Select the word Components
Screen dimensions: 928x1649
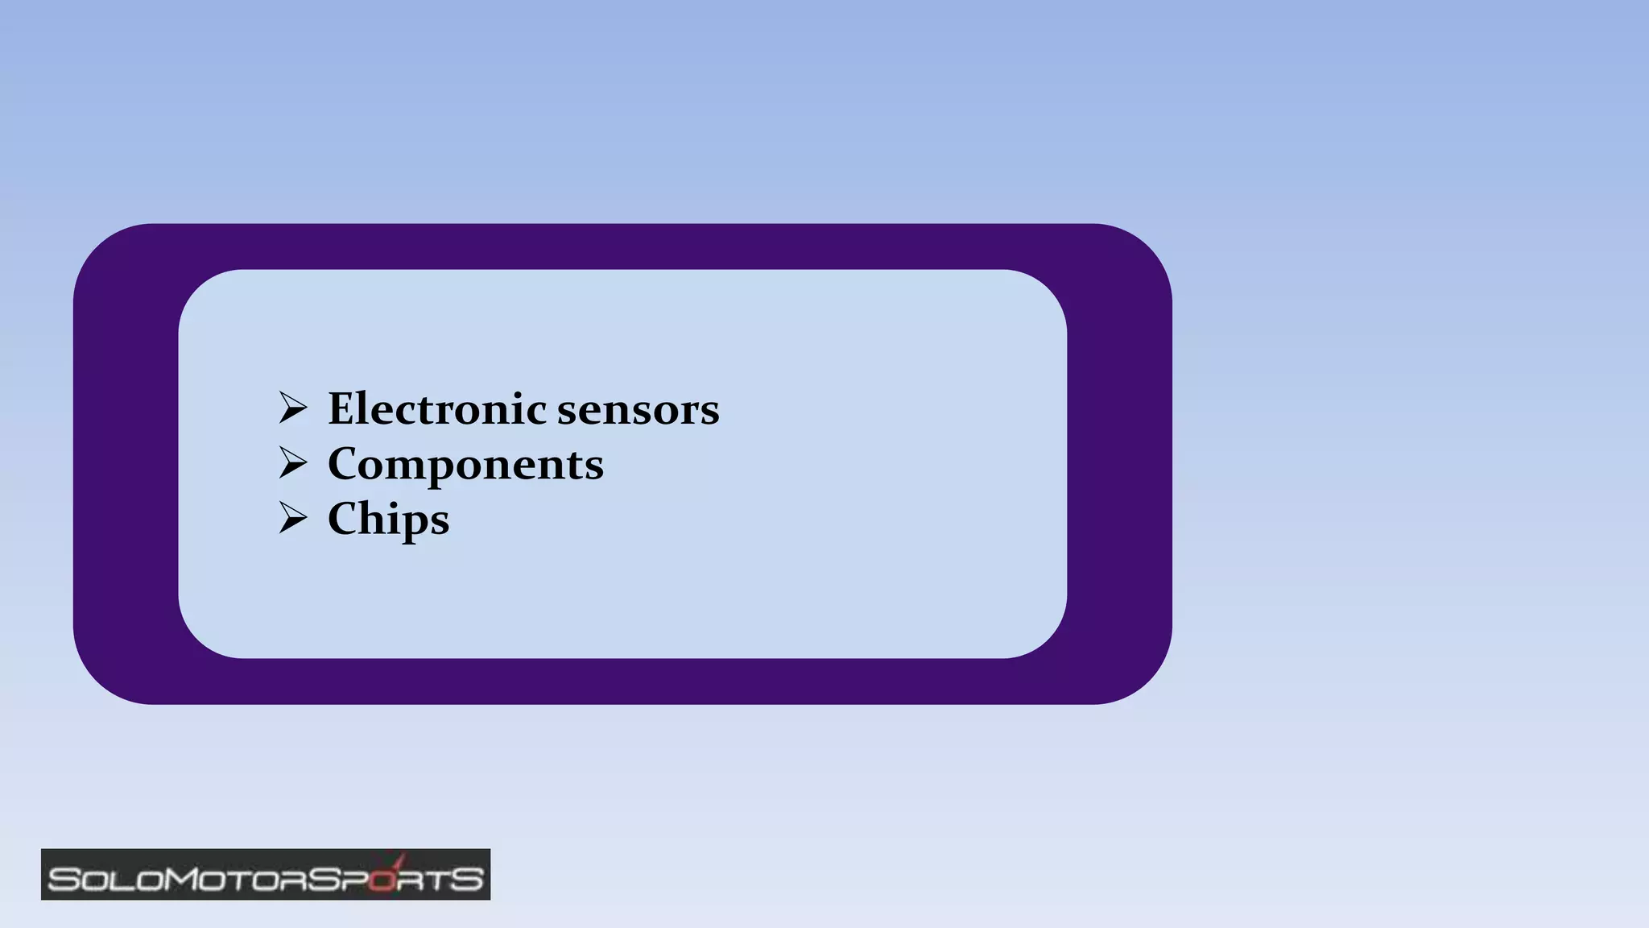pyautogui.click(x=465, y=464)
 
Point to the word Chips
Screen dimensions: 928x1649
pyautogui.click(x=388, y=519)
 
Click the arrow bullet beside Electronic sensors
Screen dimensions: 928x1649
pyautogui.click(x=292, y=408)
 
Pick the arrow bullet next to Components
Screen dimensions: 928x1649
pyautogui.click(x=292, y=462)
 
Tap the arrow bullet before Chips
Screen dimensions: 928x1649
pyautogui.click(x=292, y=517)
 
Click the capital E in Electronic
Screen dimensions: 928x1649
pyautogui.click(x=341, y=408)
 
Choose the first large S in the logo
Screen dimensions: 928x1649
pyautogui.click(x=64, y=879)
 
